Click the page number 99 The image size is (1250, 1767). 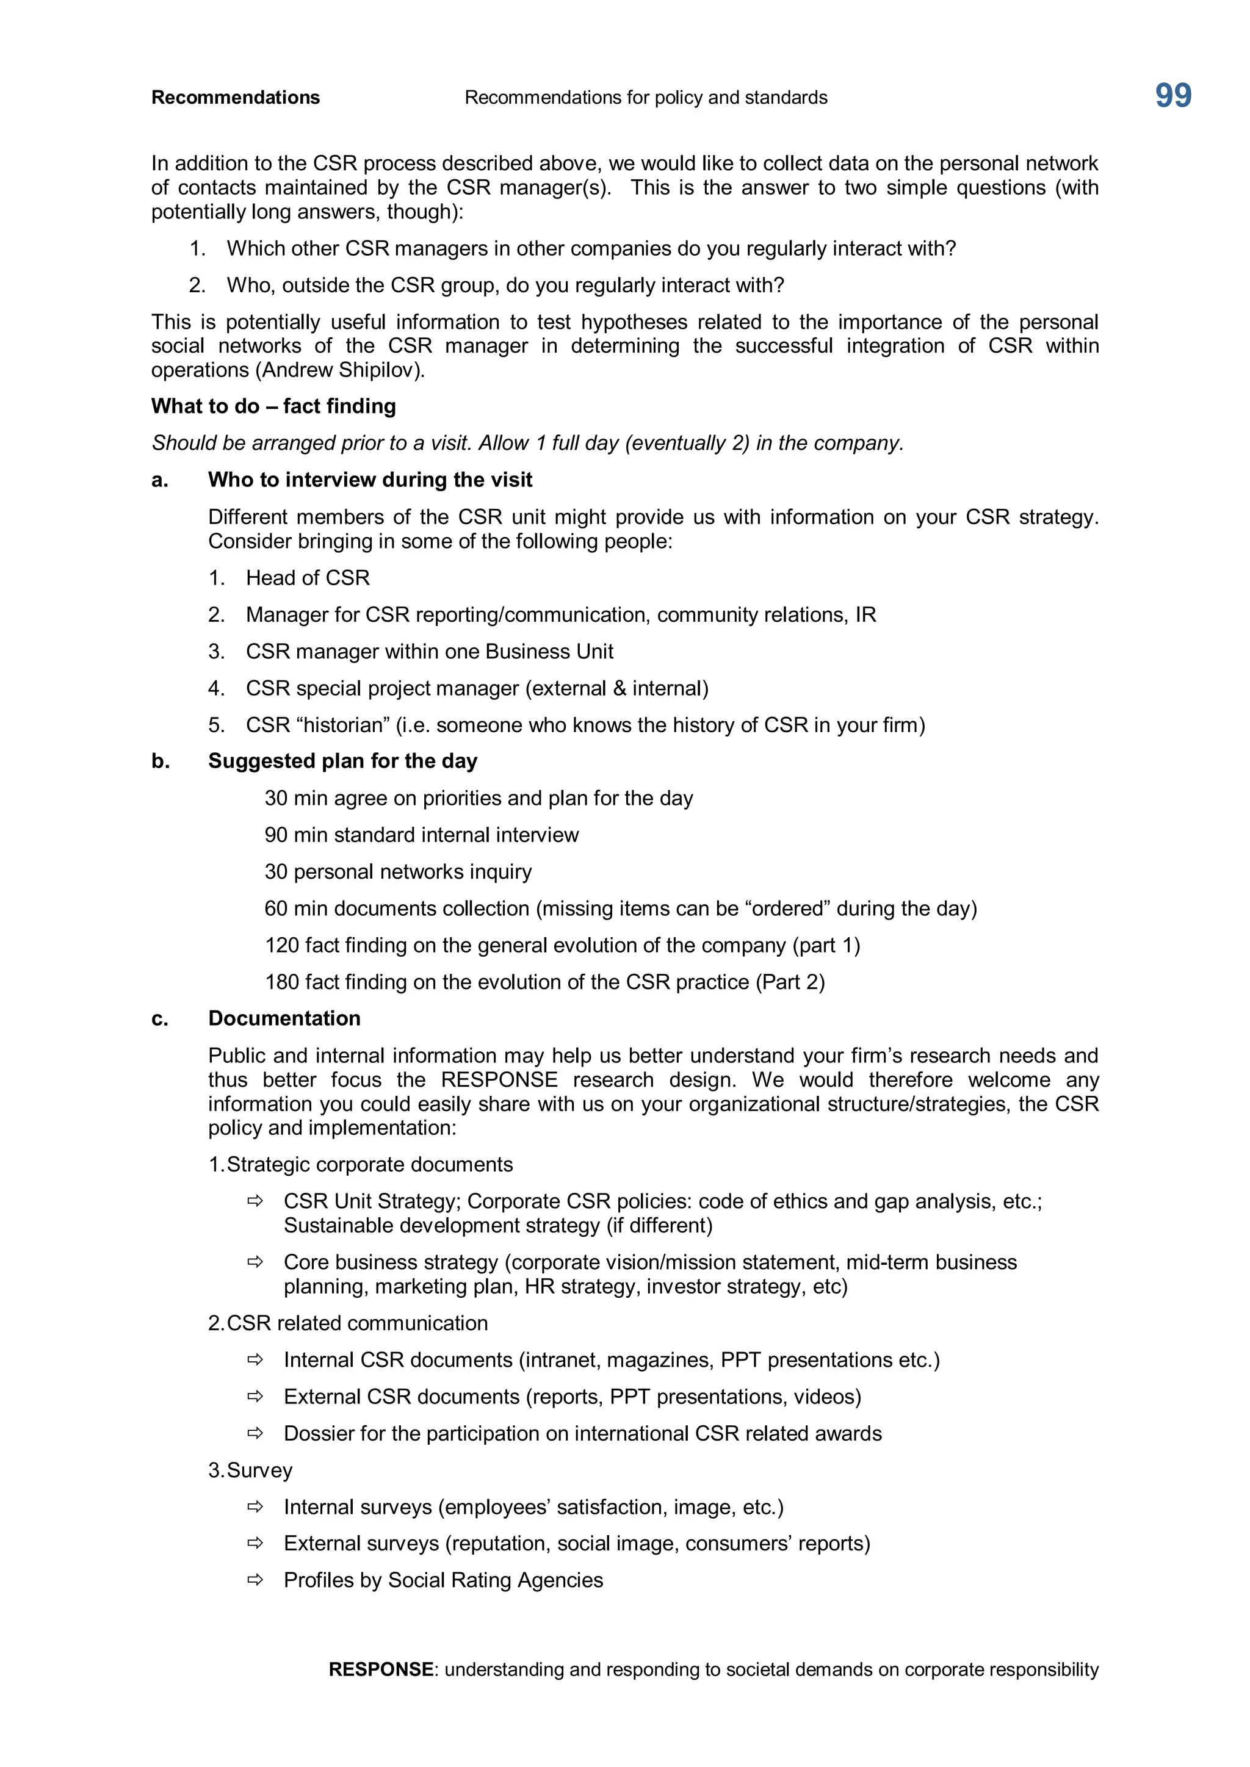pyautogui.click(x=1172, y=96)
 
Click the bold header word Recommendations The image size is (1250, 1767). pyautogui.click(x=236, y=98)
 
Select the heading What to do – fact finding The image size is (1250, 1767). pyautogui.click(x=273, y=406)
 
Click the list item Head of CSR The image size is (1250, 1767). pyautogui.click(x=307, y=578)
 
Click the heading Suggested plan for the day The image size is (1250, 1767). pyautogui.click(x=342, y=761)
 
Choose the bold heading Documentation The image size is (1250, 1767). pyautogui.click(x=284, y=1019)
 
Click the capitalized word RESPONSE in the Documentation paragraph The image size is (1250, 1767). pyautogui.click(x=499, y=1080)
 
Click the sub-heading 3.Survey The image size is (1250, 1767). pyautogui.click(x=250, y=1470)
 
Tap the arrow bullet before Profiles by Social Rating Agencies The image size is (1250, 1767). pyautogui.click(x=255, y=1579)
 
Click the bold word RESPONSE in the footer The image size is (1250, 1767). pyautogui.click(x=380, y=1669)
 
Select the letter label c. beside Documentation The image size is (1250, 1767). pyautogui.click(x=159, y=1019)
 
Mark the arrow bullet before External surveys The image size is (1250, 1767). pyautogui.click(x=255, y=1542)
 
